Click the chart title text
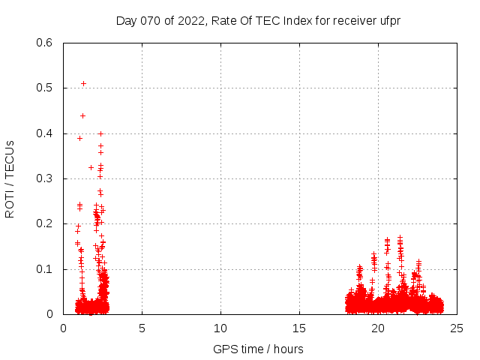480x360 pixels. coord(258,20)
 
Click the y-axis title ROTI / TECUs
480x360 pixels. coord(10,178)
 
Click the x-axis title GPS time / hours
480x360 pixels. coord(258,349)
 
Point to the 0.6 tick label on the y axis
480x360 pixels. coord(44,43)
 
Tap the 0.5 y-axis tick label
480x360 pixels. coord(44,88)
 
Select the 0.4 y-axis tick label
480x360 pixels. coord(44,133)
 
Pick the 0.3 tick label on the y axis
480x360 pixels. coord(44,178)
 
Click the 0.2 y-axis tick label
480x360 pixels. coord(44,223)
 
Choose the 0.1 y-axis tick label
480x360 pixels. coord(44,269)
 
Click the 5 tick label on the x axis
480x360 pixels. coord(142,328)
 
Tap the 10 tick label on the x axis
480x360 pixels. coord(220,328)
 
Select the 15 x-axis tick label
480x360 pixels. coord(299,328)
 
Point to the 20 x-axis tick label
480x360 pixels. coord(378,328)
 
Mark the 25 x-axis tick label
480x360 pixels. coord(457,328)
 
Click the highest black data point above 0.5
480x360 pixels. coord(83,83)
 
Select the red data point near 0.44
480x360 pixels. coord(82,115)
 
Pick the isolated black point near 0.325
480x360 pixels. coord(91,167)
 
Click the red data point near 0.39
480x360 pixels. coord(79,138)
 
